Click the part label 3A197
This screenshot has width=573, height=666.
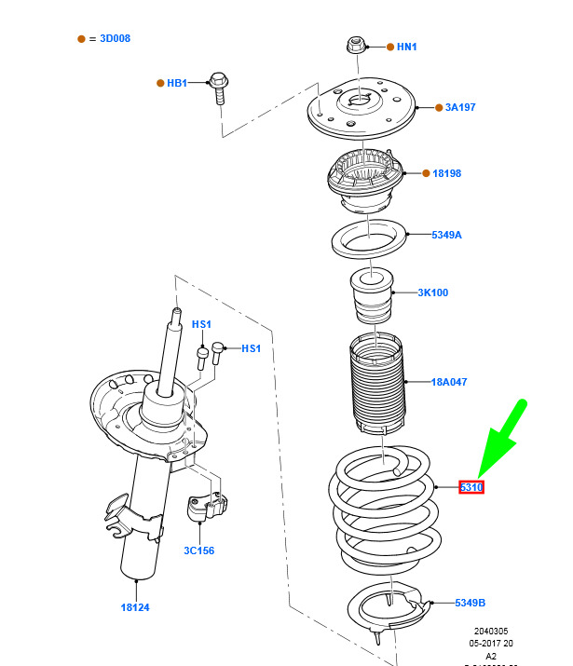click(459, 107)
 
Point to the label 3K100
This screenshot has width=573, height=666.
click(432, 292)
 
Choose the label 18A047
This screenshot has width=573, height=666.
click(449, 382)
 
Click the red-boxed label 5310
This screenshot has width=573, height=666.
click(471, 487)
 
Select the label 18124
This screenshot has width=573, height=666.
click(135, 607)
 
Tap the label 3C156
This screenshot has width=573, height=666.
click(198, 550)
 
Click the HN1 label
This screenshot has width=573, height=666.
click(407, 47)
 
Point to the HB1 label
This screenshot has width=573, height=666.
click(177, 83)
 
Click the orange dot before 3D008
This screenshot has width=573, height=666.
click(81, 39)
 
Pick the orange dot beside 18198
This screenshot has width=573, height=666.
click(424, 173)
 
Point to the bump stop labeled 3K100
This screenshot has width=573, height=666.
click(372, 295)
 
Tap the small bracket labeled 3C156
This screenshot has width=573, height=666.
click(208, 508)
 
